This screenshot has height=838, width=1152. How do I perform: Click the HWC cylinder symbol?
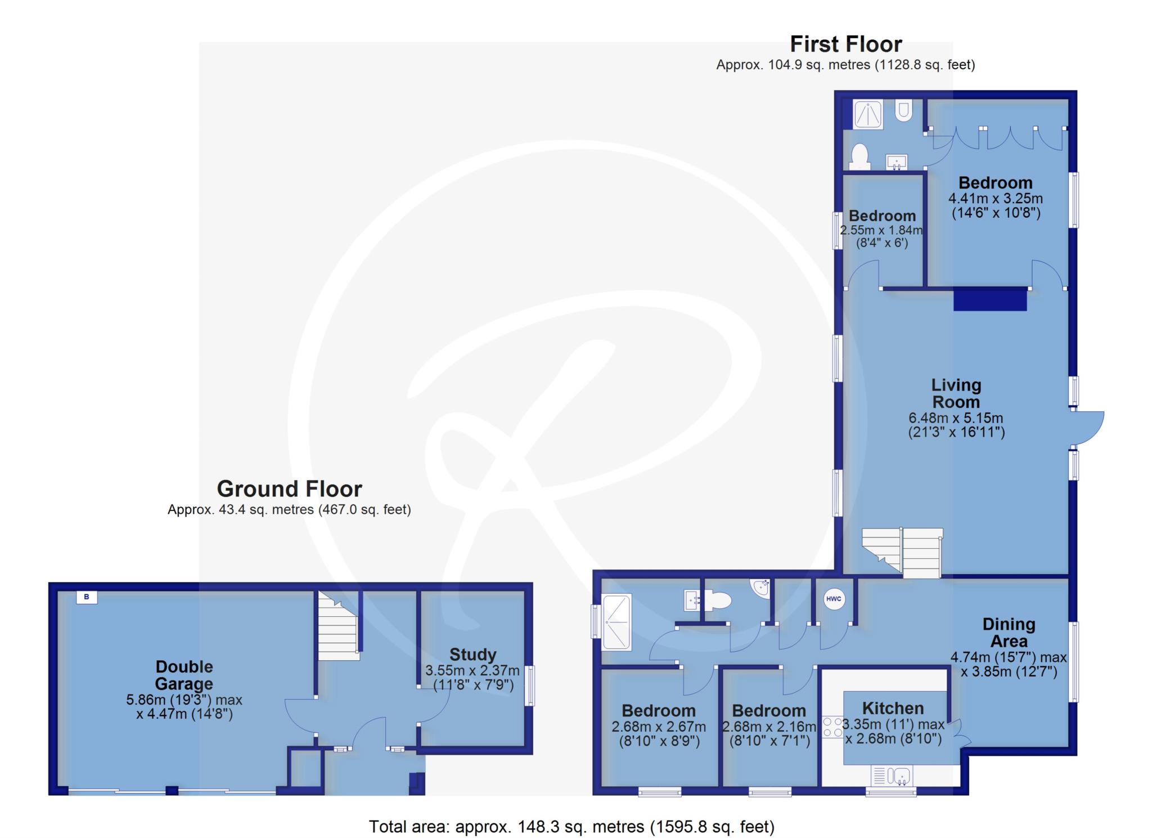pos(834,599)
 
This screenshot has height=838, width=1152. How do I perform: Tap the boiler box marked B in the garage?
pos(87,597)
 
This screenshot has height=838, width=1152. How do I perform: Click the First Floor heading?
pos(845,44)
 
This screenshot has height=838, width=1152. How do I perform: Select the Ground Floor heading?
pos(289,489)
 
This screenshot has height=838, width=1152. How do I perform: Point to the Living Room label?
pos(956,393)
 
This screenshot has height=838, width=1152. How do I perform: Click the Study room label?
pos(472,655)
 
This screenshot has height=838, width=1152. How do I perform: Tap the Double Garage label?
pos(184,675)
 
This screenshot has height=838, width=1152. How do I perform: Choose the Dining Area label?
pos(1009,633)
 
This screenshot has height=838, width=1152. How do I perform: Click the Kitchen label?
pos(893,708)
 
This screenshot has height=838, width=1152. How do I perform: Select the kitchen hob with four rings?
pos(833,727)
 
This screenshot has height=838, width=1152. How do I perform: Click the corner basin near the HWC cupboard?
pos(761,587)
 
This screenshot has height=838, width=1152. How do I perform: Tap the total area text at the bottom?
pos(571,827)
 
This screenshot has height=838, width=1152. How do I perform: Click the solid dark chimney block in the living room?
pos(990,299)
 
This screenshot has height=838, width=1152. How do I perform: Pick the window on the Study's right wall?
pos(530,685)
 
